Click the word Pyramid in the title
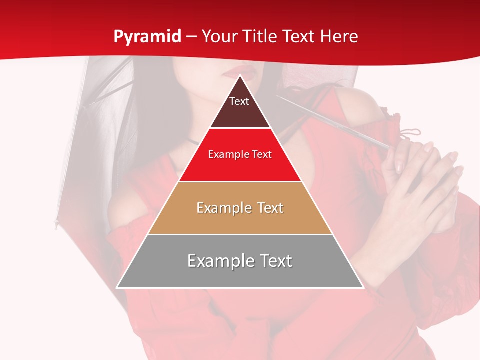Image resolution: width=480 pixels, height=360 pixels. click(x=147, y=37)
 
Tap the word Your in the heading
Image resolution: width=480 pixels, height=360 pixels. click(x=219, y=37)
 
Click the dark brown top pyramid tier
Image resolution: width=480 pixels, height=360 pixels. click(x=240, y=112)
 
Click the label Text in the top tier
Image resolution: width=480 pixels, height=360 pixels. click(x=239, y=101)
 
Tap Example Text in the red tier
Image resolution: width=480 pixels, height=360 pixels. click(x=240, y=154)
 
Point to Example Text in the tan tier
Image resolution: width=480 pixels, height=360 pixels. click(x=240, y=208)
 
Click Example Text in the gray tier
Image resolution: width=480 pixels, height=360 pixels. click(x=240, y=261)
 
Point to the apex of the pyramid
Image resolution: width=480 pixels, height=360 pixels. click(x=240, y=75)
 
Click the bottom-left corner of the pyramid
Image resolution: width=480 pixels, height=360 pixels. click(x=117, y=287)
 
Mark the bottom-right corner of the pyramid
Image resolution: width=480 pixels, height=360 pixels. click(x=363, y=287)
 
